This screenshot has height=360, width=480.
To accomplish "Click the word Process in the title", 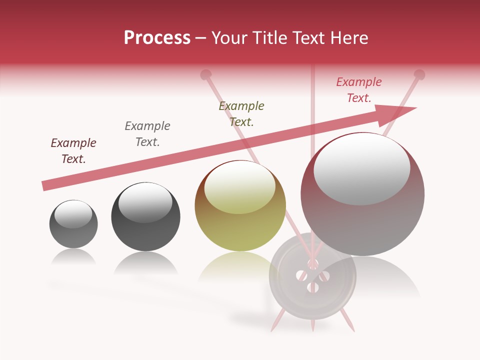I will tap(157, 38).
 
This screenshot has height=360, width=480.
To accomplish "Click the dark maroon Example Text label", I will tap(73, 151).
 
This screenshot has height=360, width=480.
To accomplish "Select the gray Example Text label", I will tap(147, 134).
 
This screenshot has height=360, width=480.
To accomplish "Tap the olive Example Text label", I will tap(241, 114).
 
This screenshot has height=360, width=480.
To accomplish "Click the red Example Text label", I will tap(359, 90).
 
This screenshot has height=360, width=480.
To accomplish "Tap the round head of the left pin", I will tap(205, 75).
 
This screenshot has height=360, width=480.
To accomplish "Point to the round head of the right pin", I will tap(419, 75).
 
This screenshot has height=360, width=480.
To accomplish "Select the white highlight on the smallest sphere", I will tap(73, 214).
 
